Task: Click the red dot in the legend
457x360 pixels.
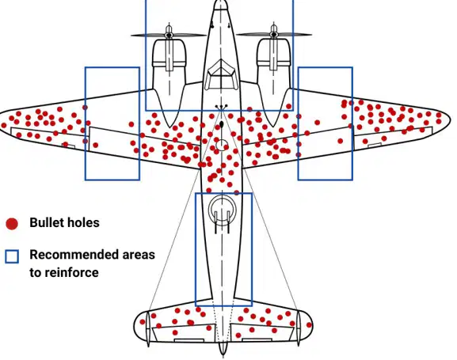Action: tap(12, 224)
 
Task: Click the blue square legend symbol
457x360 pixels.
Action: tap(12, 256)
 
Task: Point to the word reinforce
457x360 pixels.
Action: tap(72, 273)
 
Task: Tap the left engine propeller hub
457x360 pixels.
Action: tap(169, 35)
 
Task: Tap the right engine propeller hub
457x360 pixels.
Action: tap(274, 35)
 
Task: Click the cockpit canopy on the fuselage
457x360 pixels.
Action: tap(221, 74)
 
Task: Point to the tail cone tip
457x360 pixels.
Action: tap(223, 354)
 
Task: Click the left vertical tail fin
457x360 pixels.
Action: tap(148, 328)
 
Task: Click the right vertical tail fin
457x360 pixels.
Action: tap(298, 328)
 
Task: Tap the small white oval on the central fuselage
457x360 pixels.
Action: tap(222, 145)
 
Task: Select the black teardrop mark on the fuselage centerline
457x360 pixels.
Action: tap(222, 125)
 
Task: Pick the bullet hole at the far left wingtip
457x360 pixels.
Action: tap(4, 125)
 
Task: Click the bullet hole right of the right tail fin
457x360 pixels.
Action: tap(309, 324)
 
